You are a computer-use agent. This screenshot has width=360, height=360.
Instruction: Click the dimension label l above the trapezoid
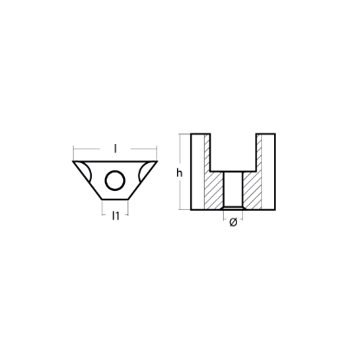[115, 148]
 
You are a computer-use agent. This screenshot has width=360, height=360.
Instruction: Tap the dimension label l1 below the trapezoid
[115, 215]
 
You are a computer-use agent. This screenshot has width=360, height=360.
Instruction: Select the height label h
[180, 173]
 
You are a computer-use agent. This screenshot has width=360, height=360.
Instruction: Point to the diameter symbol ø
[233, 222]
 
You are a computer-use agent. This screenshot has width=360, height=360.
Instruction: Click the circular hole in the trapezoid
[115, 180]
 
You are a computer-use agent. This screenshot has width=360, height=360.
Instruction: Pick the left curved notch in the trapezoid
[86, 173]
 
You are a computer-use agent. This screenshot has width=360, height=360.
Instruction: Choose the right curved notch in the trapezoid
[144, 173]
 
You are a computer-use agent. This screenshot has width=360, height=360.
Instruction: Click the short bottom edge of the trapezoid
[115, 200]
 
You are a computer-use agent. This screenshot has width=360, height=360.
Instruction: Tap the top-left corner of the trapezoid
[73, 161]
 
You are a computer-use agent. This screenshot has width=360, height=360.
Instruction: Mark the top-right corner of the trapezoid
[157, 161]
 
